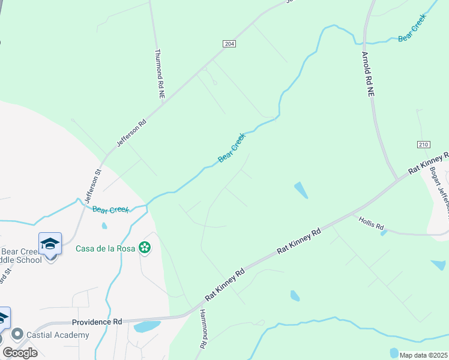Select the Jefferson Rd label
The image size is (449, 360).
coord(131,133)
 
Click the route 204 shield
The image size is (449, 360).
coord(229,44)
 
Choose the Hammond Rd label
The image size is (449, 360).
coord(203,329)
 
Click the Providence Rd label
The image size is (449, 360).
coord(97,322)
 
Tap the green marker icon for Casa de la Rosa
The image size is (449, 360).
coord(144,247)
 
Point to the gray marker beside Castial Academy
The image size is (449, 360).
coord(17,334)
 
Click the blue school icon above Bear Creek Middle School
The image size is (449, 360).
coord(50,244)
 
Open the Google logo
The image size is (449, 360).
coord(20,353)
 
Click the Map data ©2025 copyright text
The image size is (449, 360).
coord(423,355)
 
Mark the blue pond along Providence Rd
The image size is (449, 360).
coord(146,327)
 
